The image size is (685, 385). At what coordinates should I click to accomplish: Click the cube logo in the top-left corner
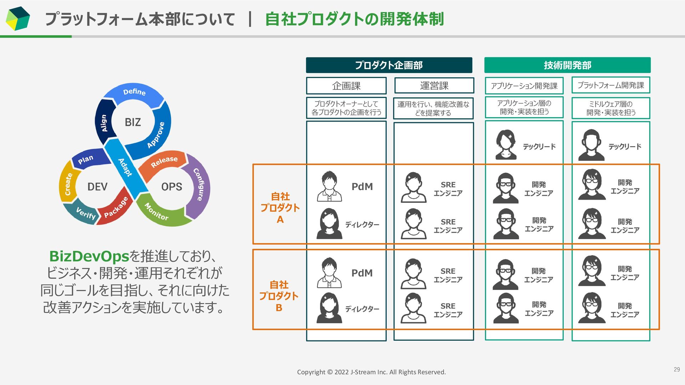(x=18, y=19)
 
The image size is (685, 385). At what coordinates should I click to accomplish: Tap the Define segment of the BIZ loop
(x=134, y=93)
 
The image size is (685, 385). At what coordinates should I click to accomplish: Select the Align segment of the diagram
(x=104, y=123)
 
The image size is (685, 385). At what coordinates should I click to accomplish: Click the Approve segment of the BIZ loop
(x=157, y=135)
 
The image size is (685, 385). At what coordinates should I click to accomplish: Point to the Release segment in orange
(x=164, y=162)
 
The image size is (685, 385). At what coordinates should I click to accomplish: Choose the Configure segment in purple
(x=200, y=185)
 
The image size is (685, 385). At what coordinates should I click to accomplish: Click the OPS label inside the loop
(x=172, y=187)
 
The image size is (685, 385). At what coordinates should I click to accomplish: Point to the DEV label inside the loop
(x=97, y=187)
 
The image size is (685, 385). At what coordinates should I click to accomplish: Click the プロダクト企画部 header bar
(x=389, y=65)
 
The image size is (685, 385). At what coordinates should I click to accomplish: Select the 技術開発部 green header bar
(x=567, y=65)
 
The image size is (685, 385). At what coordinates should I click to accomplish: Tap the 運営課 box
(x=434, y=86)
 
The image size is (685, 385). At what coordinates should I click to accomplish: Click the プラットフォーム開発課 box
(x=611, y=86)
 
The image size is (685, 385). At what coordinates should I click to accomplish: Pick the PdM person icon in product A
(x=329, y=186)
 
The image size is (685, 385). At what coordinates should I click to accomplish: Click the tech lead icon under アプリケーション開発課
(x=506, y=145)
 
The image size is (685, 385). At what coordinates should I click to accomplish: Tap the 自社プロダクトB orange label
(x=279, y=296)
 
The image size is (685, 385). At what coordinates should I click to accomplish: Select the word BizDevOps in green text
(x=89, y=256)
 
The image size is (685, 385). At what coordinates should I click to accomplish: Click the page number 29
(x=676, y=370)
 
